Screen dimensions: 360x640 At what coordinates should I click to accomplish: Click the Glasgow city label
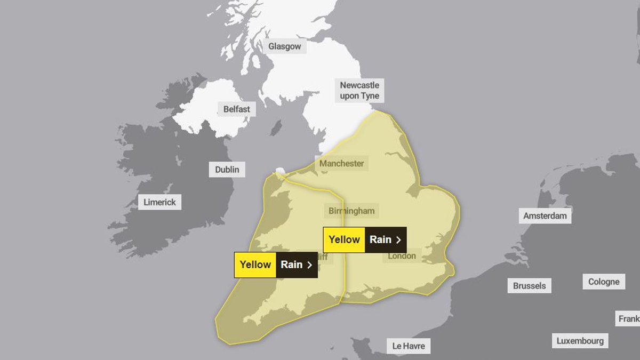coord(284,46)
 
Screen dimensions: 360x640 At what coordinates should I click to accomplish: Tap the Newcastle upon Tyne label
coord(359,90)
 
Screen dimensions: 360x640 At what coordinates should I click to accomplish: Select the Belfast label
coord(236,109)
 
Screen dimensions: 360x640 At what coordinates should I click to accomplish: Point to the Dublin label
coord(227,170)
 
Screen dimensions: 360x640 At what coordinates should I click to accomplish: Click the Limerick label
coord(160,203)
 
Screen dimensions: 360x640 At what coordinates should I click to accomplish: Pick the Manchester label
coord(341,163)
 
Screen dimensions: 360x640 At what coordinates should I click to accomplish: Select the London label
coord(402,257)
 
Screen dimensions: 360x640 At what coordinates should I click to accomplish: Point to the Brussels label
coord(529,286)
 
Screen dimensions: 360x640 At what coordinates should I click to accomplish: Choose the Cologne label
coord(604,282)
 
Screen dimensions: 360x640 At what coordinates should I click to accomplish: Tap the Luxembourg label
coord(580,341)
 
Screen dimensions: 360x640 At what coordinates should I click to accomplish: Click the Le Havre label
coord(409,346)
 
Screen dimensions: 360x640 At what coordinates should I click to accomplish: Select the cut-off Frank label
coord(629,319)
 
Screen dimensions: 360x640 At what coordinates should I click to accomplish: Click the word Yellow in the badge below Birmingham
coord(344,239)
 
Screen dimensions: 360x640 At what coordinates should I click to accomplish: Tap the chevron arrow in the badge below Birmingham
coord(398,240)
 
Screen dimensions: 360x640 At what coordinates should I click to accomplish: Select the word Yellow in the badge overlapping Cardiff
coord(255,265)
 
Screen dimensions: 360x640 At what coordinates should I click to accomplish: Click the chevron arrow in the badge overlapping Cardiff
coord(309,265)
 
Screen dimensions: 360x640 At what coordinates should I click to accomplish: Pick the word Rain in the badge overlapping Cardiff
coord(291,265)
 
